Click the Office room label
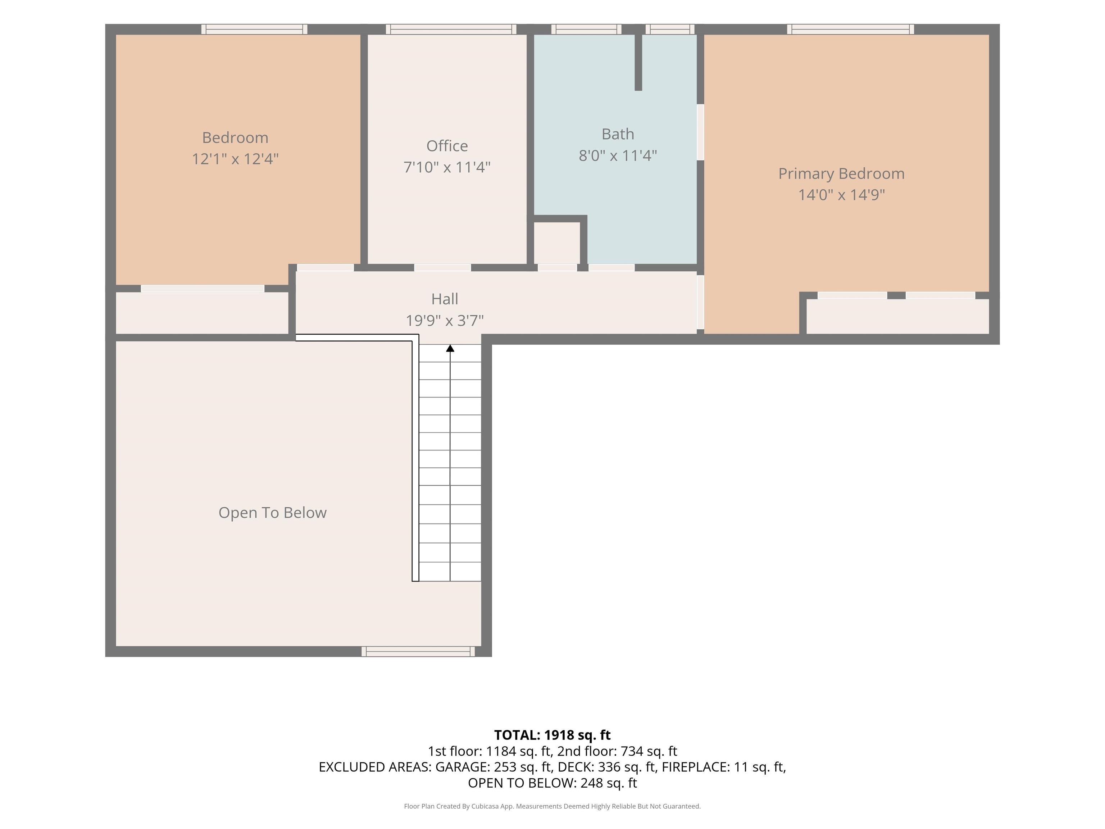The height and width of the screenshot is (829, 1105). tap(447, 146)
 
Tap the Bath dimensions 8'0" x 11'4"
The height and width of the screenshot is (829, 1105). tap(618, 155)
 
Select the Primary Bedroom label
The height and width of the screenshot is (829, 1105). tap(841, 173)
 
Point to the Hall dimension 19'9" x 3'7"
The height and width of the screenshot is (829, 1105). tap(445, 320)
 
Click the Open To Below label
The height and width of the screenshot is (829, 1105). tap(272, 513)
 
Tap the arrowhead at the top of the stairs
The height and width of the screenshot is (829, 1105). tap(450, 348)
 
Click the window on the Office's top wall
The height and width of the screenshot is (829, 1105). tap(451, 30)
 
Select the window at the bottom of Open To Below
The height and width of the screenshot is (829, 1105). tap(418, 651)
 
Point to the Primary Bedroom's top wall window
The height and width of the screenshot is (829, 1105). tap(851, 30)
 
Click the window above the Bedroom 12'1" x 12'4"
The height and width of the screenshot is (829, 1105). tap(254, 30)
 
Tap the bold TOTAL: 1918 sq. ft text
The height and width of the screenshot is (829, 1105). tap(552, 735)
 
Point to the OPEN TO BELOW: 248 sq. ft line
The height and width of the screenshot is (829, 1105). tap(552, 783)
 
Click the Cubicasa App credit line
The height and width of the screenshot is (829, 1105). tap(552, 806)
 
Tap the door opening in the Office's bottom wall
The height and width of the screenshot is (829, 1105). tap(442, 268)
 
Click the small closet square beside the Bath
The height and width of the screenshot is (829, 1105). tap(557, 243)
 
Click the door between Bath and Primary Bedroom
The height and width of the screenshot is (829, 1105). tap(700, 132)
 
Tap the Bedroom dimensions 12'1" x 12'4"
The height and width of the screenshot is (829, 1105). tap(235, 159)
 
